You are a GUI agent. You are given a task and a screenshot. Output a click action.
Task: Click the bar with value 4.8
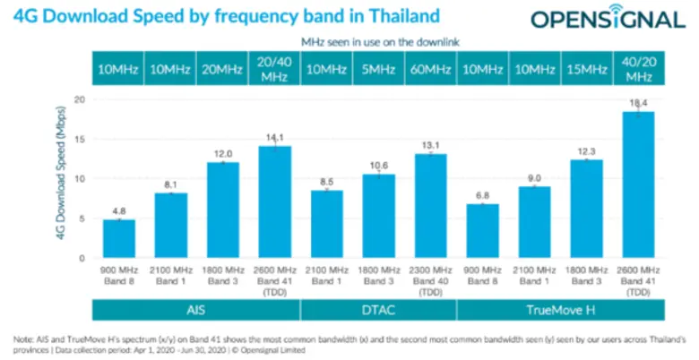tap(118, 239)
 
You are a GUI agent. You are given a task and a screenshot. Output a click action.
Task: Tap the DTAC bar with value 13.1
tap(430, 206)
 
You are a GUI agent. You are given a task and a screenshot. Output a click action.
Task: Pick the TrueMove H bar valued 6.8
tap(482, 231)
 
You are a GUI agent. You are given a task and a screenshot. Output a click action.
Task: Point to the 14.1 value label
tap(274, 137)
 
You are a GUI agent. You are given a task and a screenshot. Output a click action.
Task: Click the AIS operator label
tap(196, 309)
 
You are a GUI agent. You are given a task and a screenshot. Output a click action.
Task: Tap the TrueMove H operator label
tap(560, 309)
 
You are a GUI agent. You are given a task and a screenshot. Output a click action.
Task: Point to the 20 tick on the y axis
tap(79, 99)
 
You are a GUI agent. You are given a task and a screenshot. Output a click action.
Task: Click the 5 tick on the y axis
tap(82, 219)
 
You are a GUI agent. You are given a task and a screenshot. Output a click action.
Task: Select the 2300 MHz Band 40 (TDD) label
tap(430, 280)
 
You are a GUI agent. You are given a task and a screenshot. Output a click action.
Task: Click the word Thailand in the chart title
tap(397, 15)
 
